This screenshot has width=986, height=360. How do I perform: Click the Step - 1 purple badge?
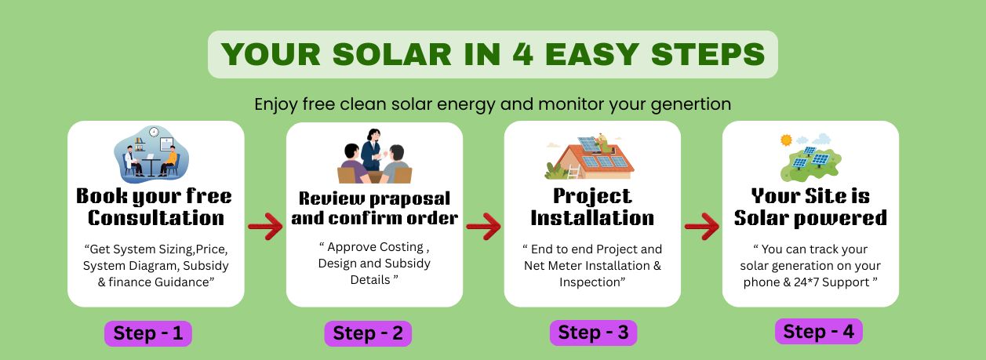click(148, 333)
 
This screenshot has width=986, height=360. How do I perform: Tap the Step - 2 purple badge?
click(368, 333)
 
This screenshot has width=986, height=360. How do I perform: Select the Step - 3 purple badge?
click(593, 333)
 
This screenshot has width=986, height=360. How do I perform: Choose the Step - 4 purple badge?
click(819, 331)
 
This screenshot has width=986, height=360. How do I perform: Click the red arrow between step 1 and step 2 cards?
click(265, 226)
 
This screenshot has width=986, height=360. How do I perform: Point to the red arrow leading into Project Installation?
click(484, 226)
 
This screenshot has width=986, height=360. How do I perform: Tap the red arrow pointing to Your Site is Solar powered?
click(702, 226)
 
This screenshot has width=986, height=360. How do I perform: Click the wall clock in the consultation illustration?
click(154, 132)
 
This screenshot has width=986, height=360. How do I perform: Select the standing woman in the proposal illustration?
click(372, 150)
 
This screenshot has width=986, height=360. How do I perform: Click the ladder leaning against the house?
click(573, 172)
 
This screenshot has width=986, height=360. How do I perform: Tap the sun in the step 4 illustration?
click(786, 140)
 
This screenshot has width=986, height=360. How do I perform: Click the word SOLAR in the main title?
click(392, 55)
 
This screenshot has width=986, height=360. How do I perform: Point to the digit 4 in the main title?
click(523, 54)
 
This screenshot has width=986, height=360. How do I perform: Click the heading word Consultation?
click(156, 218)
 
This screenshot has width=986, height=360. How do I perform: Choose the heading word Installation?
click(592, 218)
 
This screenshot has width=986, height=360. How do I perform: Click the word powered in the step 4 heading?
click(841, 219)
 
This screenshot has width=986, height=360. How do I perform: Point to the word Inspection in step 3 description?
click(592, 282)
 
